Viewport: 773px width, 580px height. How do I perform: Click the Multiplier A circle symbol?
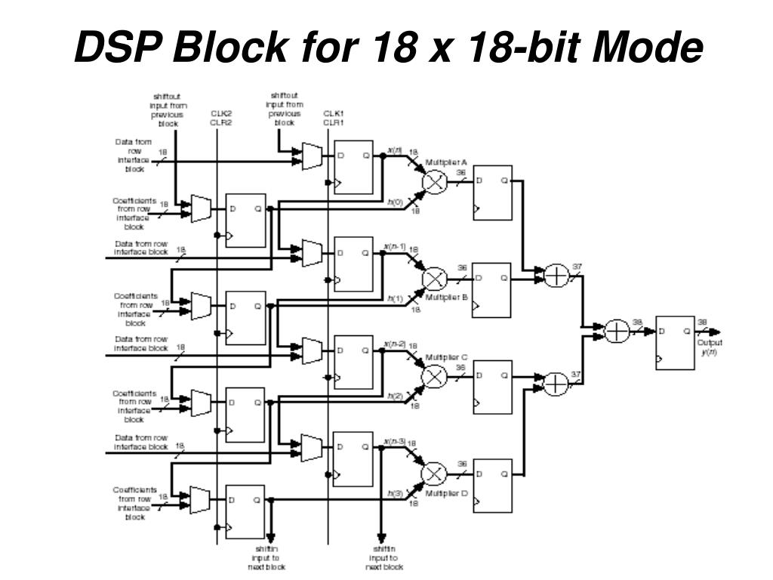(x=434, y=182)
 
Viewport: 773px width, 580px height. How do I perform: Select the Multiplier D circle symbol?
(x=434, y=474)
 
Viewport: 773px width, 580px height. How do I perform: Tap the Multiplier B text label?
(x=447, y=298)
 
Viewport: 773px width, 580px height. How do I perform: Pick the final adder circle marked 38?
(x=617, y=331)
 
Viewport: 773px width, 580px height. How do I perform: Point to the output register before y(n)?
(x=674, y=342)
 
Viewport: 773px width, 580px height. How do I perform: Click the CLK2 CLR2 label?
(x=220, y=118)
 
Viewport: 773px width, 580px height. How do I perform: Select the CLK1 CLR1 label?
(x=334, y=118)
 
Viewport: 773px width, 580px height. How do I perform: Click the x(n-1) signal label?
(x=395, y=247)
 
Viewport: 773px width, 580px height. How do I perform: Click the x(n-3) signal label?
(x=395, y=441)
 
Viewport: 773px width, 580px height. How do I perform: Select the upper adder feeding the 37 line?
(x=556, y=276)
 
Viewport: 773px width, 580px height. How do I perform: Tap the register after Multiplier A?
(x=492, y=193)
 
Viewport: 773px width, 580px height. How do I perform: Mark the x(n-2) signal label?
(x=395, y=344)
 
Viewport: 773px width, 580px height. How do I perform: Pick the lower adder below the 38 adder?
(x=556, y=384)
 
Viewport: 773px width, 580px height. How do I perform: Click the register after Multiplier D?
(x=492, y=484)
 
